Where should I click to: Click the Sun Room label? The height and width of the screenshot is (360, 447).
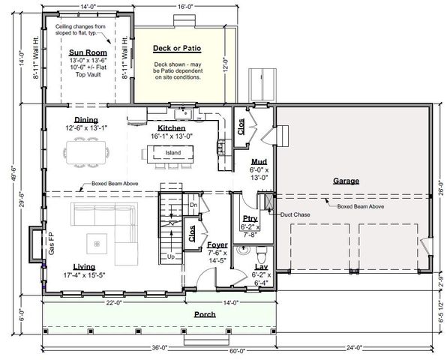tap(88, 52)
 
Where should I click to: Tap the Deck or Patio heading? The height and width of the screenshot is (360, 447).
tap(177, 48)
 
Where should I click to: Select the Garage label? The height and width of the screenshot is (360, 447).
tap(346, 181)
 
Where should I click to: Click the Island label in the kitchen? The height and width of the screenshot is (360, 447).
tap(173, 153)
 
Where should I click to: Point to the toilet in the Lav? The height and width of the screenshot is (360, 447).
tap(261, 254)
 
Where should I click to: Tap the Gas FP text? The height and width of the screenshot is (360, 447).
tap(51, 244)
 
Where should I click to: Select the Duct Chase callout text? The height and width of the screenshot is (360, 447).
tap(295, 214)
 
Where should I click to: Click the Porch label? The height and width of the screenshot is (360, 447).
tap(205, 314)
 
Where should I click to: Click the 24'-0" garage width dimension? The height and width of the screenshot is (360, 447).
tap(354, 348)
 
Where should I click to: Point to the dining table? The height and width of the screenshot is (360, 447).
tap(85, 152)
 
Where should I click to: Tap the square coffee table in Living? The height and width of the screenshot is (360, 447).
tap(97, 244)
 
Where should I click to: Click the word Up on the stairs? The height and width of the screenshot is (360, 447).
tap(171, 256)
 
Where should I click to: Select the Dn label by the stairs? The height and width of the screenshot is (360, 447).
tap(193, 205)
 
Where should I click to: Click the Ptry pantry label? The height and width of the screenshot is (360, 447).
tap(250, 218)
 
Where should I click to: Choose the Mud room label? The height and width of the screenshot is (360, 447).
tap(259, 162)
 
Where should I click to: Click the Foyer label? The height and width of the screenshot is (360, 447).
tap(217, 244)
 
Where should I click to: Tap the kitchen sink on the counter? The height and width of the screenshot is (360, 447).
tap(184, 113)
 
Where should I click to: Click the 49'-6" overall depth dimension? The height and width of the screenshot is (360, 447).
tap(14, 174)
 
